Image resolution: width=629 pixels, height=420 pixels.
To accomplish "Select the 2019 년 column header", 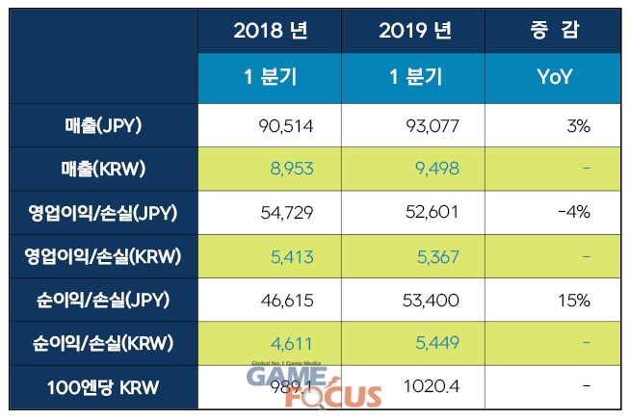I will (x=415, y=31).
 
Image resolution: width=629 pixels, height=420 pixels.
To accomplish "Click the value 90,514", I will (x=287, y=124).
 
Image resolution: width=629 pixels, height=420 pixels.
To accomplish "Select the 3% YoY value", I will (x=577, y=124).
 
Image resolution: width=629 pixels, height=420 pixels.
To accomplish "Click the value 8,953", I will (x=292, y=169).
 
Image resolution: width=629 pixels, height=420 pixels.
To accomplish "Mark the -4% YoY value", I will (x=573, y=213).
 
